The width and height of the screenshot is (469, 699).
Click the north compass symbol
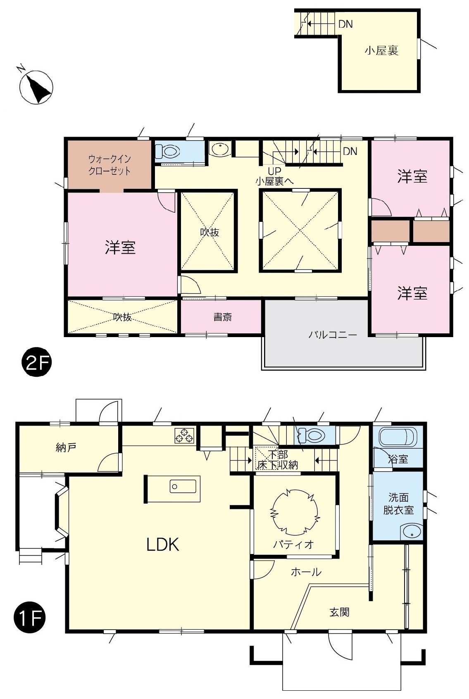[x=36, y=87]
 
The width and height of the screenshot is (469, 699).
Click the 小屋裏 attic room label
[x=381, y=51]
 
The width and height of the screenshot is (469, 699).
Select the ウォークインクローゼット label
[x=110, y=165]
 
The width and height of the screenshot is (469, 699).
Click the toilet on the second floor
[x=169, y=151]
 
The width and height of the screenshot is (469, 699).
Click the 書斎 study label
[x=222, y=317]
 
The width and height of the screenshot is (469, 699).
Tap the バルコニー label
[x=333, y=335]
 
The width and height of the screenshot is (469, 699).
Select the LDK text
[x=163, y=545]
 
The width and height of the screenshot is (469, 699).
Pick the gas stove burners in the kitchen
[x=184, y=436]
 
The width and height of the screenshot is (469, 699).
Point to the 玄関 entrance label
[x=339, y=612]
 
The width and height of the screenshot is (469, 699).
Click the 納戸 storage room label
[x=66, y=447]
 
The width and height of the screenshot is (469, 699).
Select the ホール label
[x=306, y=572]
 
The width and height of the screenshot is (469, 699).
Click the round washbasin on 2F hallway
[x=219, y=149]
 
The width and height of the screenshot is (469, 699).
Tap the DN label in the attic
[x=345, y=24]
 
